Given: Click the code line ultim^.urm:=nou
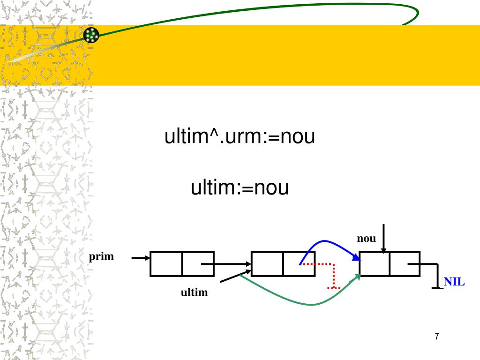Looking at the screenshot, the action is click(x=239, y=138).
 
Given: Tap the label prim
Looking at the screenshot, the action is click(x=102, y=257).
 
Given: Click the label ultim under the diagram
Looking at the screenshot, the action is click(x=194, y=293).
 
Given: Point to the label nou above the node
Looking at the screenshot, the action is click(x=366, y=239).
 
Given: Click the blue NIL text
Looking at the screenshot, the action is click(x=454, y=282).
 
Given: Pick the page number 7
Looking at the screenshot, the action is click(x=437, y=336).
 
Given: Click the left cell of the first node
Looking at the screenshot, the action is click(x=166, y=264).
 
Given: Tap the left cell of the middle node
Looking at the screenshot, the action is click(x=267, y=264).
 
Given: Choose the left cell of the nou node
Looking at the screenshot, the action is click(x=375, y=264).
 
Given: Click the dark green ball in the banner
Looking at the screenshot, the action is click(x=91, y=35).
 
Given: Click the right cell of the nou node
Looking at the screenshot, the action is click(x=404, y=264).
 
